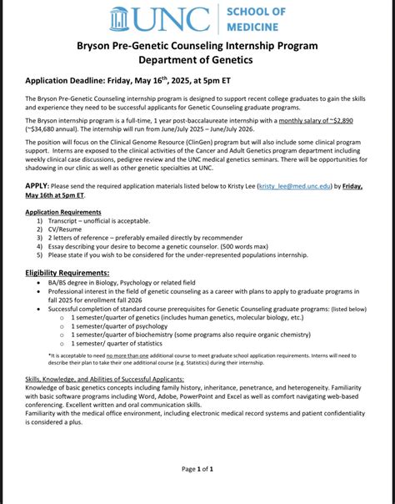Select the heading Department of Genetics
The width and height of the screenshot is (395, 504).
tap(197, 60)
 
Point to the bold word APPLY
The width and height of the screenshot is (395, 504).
tap(36, 185)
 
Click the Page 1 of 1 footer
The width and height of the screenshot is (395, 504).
tap(197, 469)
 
